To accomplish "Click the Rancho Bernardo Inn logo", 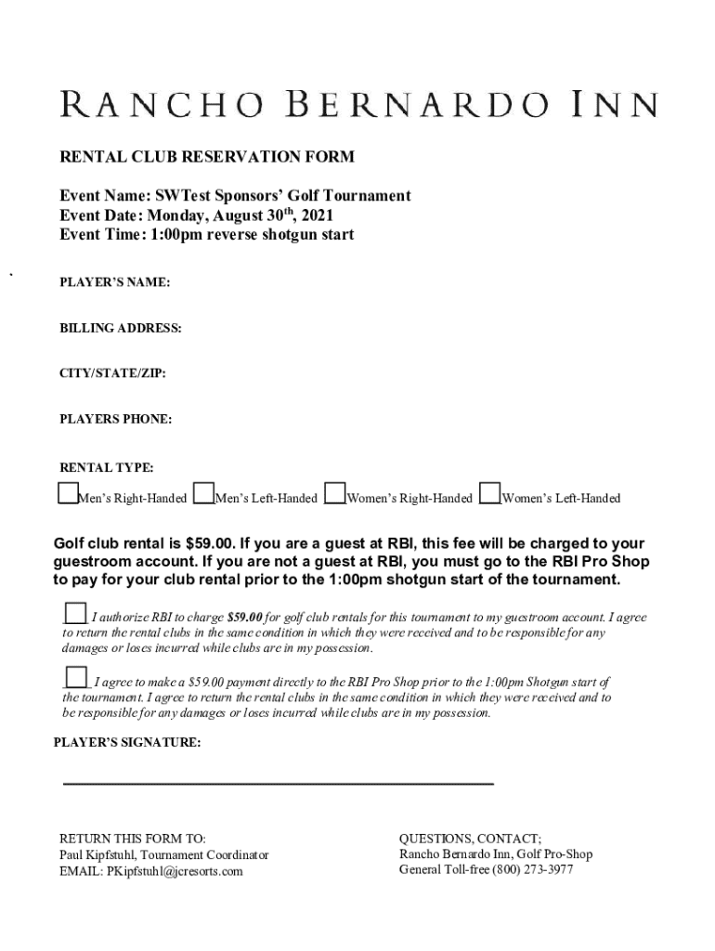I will click(358, 103).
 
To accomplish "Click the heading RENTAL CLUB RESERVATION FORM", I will click(207, 157).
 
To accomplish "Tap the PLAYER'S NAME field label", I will click(115, 282).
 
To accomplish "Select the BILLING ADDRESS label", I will click(121, 328).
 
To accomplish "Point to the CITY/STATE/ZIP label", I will click(113, 373).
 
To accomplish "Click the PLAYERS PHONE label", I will click(116, 419).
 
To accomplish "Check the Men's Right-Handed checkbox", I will click(68, 493).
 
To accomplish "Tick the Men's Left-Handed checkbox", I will click(204, 493).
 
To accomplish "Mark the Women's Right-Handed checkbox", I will click(336, 493).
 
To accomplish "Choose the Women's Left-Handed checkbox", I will click(490, 493).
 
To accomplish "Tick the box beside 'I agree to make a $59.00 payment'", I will click(76, 678).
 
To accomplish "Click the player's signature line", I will click(278, 784).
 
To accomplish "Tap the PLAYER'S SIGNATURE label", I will click(126, 743).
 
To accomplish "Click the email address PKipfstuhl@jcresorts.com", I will click(175, 871).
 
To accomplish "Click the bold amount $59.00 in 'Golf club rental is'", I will click(210, 544).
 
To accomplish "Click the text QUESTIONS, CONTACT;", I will click(470, 838).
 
